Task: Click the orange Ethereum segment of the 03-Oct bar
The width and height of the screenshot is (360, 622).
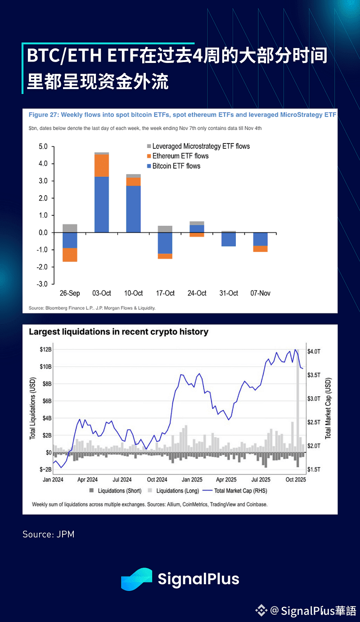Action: [x=101, y=166]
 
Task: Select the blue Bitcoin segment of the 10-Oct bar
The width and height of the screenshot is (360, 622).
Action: [x=133, y=209]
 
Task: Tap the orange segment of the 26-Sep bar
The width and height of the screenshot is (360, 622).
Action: [x=70, y=255]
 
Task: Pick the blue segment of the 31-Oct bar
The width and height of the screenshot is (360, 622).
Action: [x=229, y=239]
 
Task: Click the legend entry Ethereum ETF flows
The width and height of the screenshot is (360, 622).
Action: [x=180, y=156]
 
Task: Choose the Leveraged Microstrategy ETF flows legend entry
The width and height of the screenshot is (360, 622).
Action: [x=201, y=146]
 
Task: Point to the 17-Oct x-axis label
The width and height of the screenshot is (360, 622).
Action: [x=165, y=293]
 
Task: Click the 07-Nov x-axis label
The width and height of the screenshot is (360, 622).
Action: [x=260, y=293]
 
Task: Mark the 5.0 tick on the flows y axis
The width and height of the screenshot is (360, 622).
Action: [x=43, y=147]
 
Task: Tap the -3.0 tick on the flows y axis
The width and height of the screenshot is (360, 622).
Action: [x=42, y=284]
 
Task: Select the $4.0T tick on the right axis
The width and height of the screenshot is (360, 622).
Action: [x=314, y=351]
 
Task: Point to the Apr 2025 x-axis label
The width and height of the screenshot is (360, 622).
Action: [x=226, y=480]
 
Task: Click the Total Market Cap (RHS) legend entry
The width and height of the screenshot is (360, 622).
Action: [x=242, y=491]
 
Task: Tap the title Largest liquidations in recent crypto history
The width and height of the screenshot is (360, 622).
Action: [x=118, y=332]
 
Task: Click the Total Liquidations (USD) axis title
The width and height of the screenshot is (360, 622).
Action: [x=32, y=409]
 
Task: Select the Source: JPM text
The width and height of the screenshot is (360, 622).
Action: [x=49, y=534]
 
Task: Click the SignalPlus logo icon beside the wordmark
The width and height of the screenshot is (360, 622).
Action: [x=136, y=579]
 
